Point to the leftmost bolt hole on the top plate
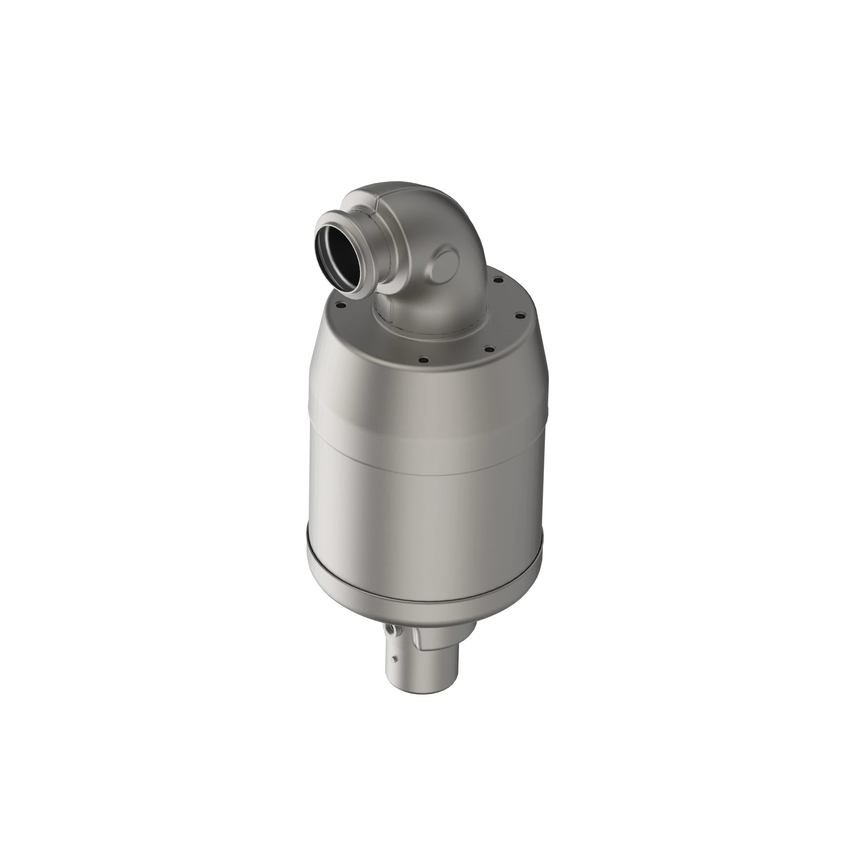pos(341,304)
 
